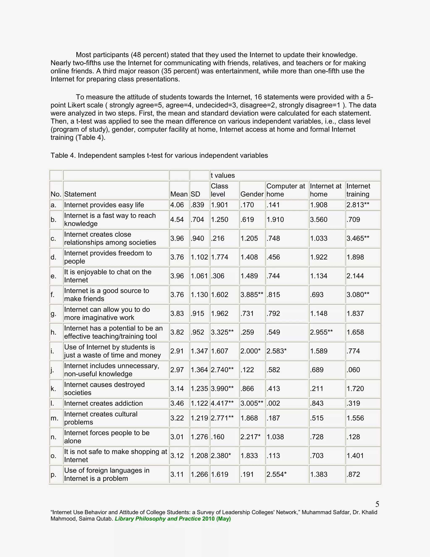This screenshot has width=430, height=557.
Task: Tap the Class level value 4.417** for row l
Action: pyautogui.click(x=222, y=403)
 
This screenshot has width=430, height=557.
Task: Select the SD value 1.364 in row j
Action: pyautogui.click(x=199, y=370)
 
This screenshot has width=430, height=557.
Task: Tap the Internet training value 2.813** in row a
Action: pyautogui.click(x=358, y=205)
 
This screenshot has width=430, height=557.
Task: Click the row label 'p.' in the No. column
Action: pyautogui.click(x=53, y=474)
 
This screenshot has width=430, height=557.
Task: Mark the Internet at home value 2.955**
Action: pyautogui.click(x=321, y=332)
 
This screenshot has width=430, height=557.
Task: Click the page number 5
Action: pyautogui.click(x=377, y=504)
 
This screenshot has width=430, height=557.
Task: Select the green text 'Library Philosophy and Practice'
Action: pyautogui.click(x=158, y=519)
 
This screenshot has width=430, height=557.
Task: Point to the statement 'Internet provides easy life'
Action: pyautogui.click(x=104, y=205)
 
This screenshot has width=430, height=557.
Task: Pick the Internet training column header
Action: pyautogui.click(x=358, y=190)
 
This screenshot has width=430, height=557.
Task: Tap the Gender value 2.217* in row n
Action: pyautogui.click(x=250, y=437)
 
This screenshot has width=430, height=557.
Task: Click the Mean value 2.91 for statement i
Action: pyautogui.click(x=177, y=351)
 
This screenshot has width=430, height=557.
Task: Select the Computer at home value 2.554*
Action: pyautogui.click(x=276, y=474)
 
